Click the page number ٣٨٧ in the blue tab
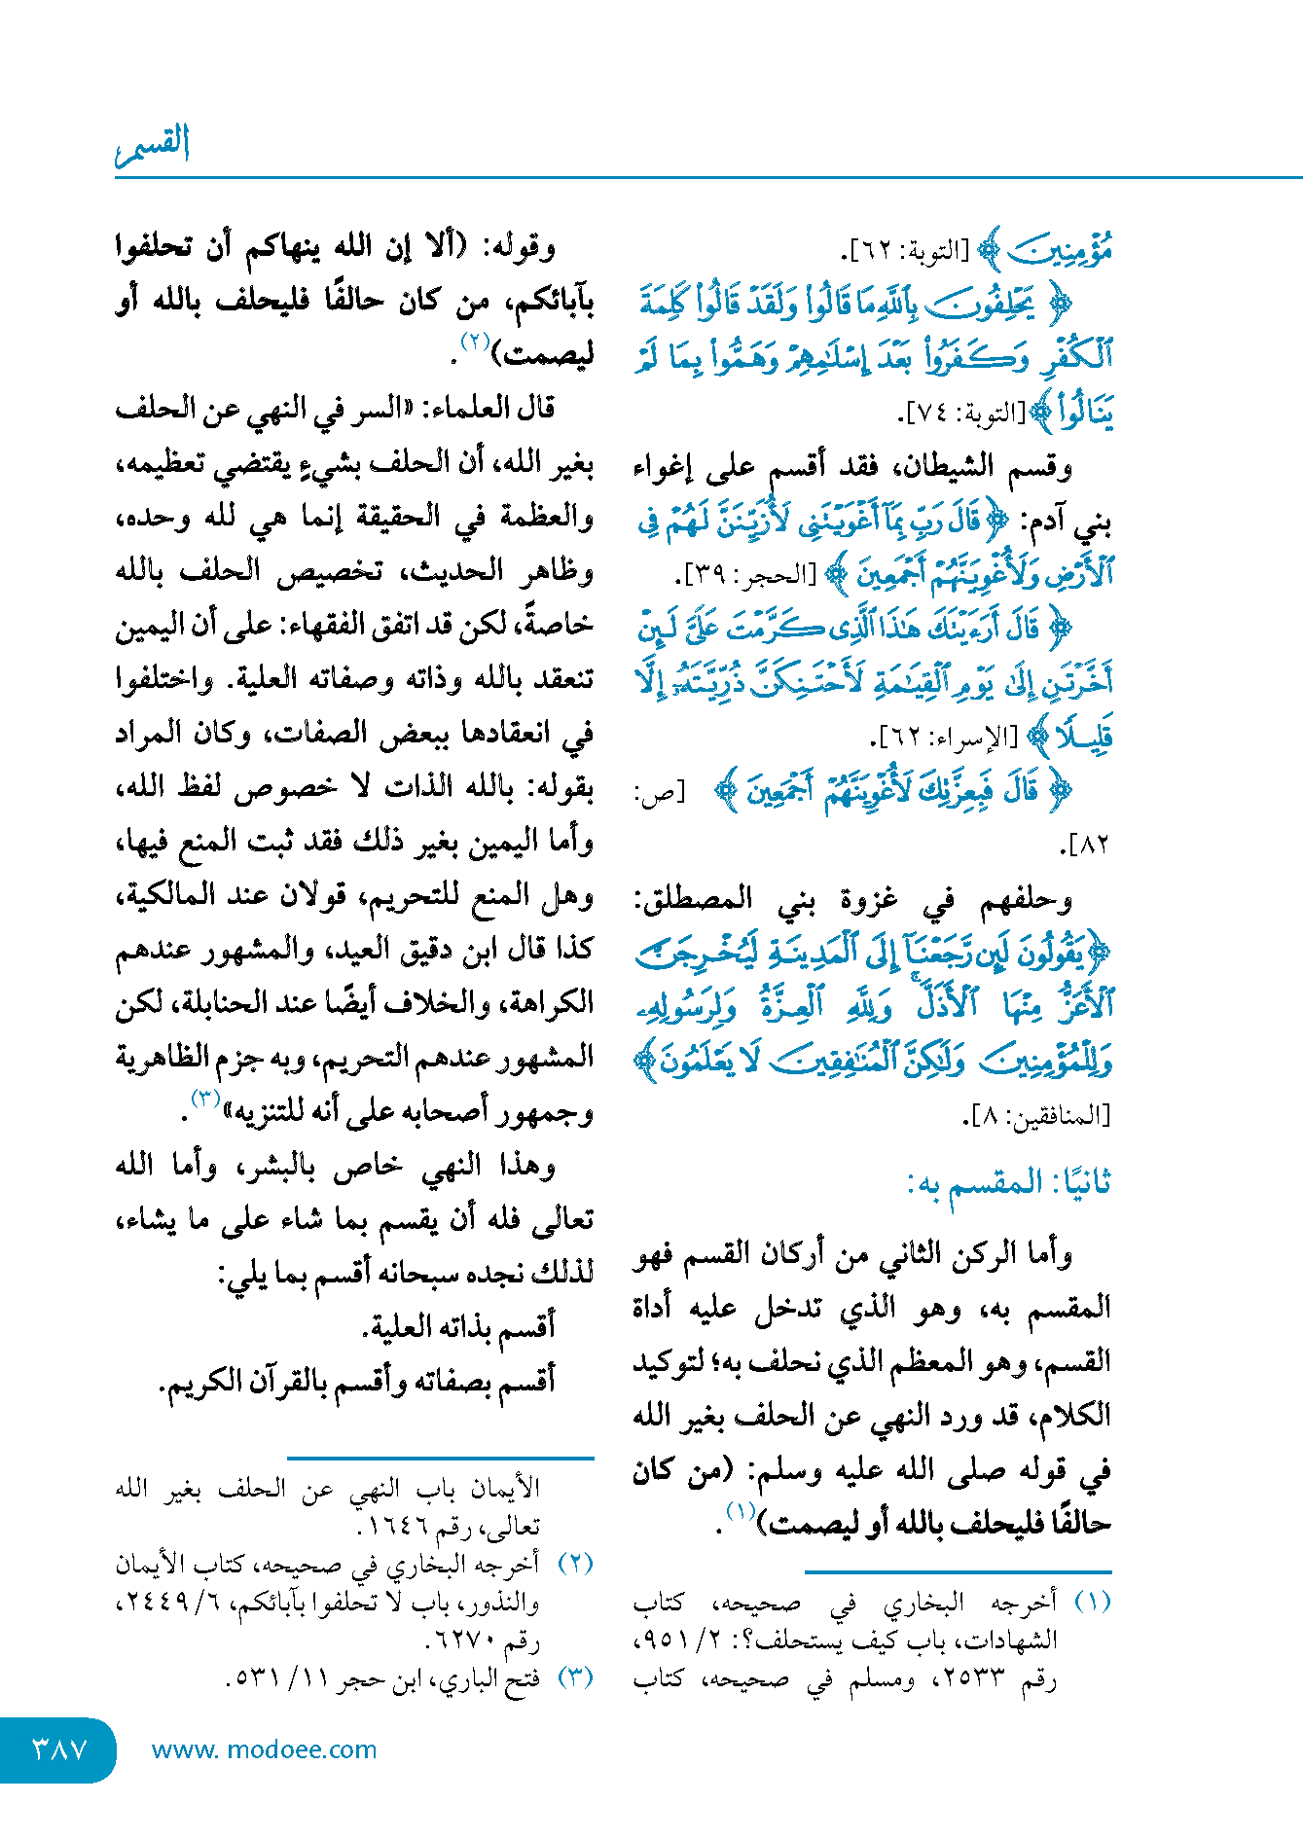[x=60, y=1749]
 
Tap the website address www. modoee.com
[x=264, y=1749]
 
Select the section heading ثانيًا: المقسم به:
[x=1008, y=1183]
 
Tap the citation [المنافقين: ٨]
[x=1036, y=1117]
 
